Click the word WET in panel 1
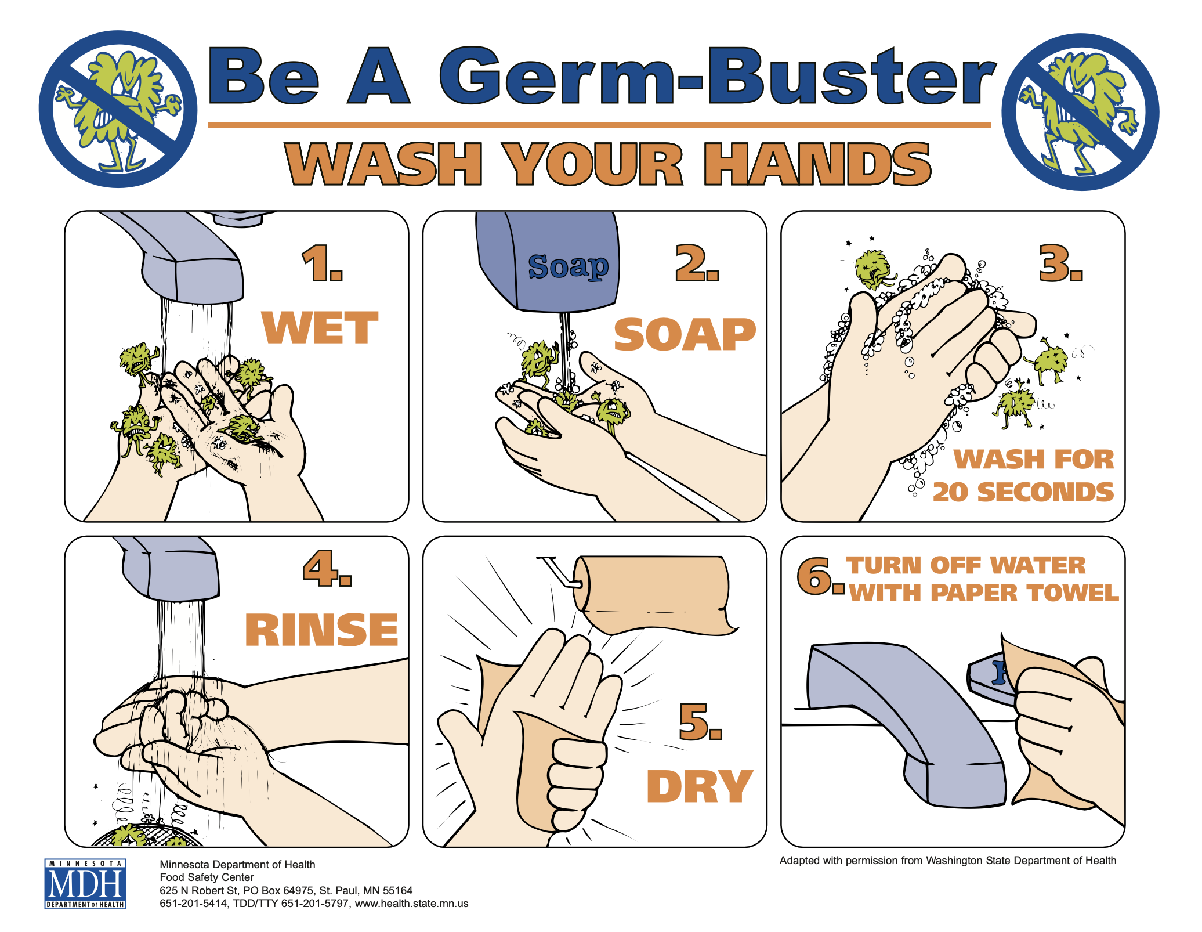coord(320,327)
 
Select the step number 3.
coord(1061,263)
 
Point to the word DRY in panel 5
coord(700,786)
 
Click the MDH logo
coord(85,884)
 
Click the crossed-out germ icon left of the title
coord(118,109)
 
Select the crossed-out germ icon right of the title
coord(1080,111)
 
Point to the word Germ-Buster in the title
coord(718,77)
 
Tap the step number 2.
coord(697,263)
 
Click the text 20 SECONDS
coord(1023,492)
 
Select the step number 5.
coord(700,722)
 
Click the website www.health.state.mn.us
coord(412,904)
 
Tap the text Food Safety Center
coord(207,877)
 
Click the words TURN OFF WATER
coord(966,565)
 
